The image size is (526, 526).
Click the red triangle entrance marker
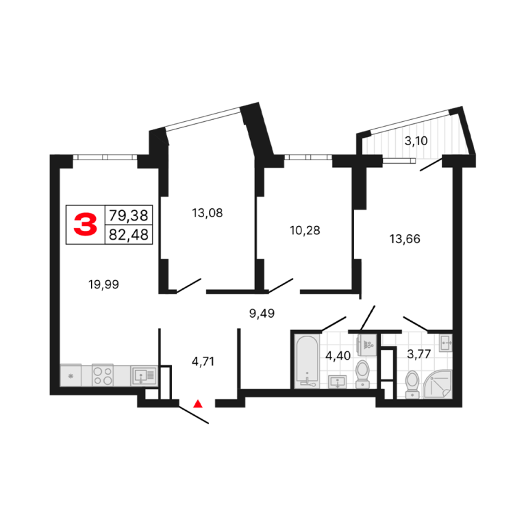pos(198,403)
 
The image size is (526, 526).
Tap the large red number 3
pos(85,225)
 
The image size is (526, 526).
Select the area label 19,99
pos(103,285)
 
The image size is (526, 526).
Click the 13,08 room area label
pos(208,213)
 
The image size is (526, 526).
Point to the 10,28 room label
pos(305,230)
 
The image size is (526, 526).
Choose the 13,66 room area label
pos(405,239)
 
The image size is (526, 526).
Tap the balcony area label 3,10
pos(416,141)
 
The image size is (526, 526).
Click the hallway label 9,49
pos(262,313)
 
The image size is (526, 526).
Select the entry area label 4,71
pos(203,362)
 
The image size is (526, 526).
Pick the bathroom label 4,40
pos(338,355)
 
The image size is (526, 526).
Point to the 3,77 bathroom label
pos(419,354)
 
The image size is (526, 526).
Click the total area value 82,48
pos(129,235)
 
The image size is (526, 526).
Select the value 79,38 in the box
pos(129,215)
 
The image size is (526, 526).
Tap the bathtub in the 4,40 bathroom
pos(307,361)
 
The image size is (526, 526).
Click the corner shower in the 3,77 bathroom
pos(438,384)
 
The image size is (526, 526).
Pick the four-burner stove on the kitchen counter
pos(103,375)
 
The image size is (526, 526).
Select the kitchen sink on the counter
pos(144,375)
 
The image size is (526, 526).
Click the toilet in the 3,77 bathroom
pos(412,384)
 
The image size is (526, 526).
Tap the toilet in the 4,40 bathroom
pos(362,374)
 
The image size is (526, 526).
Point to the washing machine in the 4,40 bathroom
pos(367,345)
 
